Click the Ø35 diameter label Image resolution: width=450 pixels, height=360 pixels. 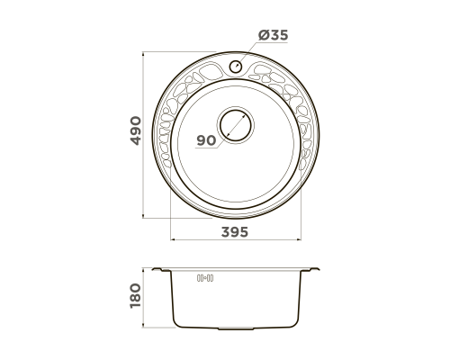coord(273,35)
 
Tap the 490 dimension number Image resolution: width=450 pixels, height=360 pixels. coord(136,130)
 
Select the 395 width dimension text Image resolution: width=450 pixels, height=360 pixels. coord(235,232)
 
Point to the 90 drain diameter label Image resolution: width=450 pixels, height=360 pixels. coord(206,140)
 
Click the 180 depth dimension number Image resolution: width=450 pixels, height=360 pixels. coord(135,295)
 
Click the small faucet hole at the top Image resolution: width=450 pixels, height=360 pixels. coord(236,67)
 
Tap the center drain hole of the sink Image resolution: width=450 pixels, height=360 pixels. coord(236,125)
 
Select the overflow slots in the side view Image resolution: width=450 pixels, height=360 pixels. coord(205,278)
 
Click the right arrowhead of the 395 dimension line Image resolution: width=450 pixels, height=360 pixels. coord(299,239)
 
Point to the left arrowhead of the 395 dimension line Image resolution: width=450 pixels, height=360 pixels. coord(173,239)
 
